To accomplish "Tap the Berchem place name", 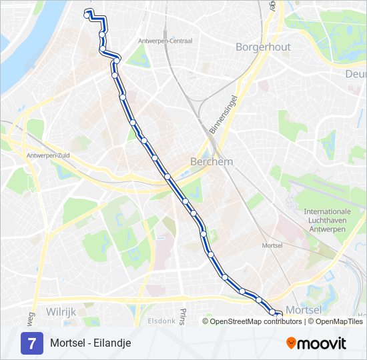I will click(x=212, y=161).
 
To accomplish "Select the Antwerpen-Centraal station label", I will click(x=164, y=41).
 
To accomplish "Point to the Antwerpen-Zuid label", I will click(x=48, y=155).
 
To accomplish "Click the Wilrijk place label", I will click(x=61, y=311).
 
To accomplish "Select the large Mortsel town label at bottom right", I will click(x=304, y=310).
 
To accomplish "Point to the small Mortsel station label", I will click(x=273, y=245).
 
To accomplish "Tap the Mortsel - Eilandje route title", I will click(x=90, y=343).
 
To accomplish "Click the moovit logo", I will click(x=316, y=343).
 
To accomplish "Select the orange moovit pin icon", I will click(x=291, y=343).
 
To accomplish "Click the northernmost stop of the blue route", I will click(x=87, y=13).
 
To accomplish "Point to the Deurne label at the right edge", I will click(x=357, y=73).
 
